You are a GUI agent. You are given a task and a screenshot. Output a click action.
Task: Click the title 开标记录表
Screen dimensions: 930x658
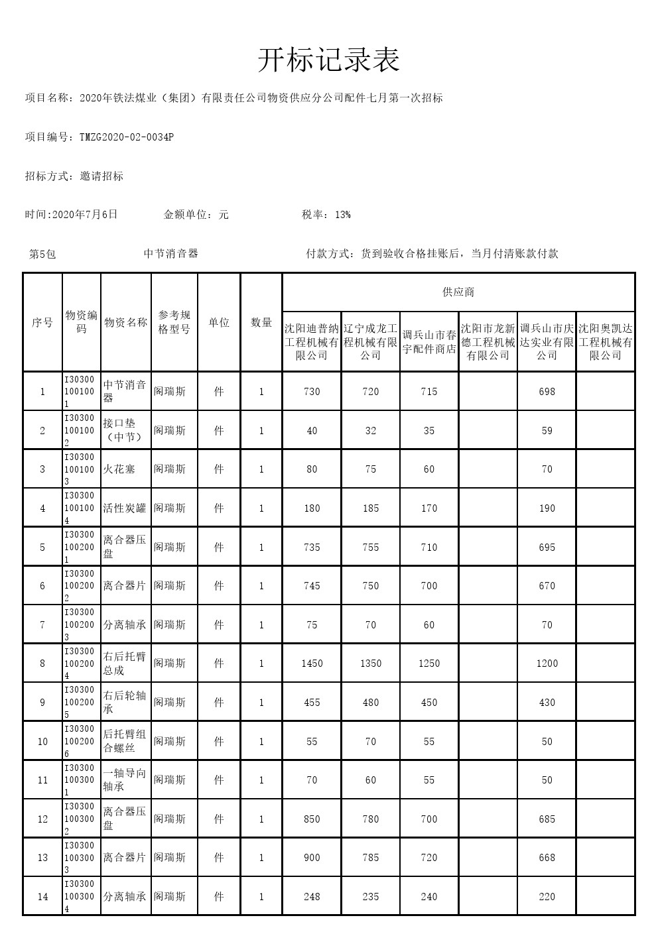tap(328, 61)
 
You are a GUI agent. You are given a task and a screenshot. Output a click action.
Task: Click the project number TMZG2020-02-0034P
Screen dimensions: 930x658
tap(127, 137)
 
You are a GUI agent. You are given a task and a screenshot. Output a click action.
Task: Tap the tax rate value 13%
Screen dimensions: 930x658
tap(343, 215)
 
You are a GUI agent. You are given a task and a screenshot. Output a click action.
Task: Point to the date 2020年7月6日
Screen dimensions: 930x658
tap(84, 215)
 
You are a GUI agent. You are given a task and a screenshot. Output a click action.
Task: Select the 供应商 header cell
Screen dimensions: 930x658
tap(458, 292)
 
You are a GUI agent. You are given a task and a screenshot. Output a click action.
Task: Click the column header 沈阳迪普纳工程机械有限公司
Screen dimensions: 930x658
tap(312, 342)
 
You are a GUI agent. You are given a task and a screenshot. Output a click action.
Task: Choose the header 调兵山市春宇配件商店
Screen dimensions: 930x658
tap(429, 342)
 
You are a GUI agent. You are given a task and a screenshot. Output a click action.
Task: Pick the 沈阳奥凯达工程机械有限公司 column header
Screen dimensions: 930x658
tap(606, 342)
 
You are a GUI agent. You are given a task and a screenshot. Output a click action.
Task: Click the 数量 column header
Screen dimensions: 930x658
tap(261, 323)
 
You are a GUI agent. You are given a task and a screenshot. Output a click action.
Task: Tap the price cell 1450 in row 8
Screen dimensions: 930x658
tap(312, 664)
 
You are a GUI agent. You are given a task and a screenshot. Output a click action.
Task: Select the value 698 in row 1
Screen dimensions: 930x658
tap(547, 392)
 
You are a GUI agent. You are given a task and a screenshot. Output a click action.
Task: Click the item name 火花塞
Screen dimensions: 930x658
tap(119, 469)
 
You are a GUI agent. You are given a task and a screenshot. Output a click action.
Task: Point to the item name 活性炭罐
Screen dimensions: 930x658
tap(125, 508)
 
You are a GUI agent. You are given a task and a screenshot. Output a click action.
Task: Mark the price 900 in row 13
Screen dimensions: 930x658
tap(312, 858)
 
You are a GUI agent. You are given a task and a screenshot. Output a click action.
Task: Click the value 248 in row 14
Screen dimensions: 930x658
tap(312, 897)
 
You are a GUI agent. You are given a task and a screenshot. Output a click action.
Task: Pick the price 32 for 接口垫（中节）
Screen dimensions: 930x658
tap(371, 431)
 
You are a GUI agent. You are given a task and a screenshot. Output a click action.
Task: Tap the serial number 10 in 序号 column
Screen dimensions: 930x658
tap(42, 742)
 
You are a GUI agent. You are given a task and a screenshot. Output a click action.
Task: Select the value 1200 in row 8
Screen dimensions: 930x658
tap(547, 664)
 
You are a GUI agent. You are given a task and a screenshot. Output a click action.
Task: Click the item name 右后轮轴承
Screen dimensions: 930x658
tap(125, 703)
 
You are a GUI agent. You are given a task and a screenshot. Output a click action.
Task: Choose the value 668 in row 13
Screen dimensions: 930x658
tap(547, 858)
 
